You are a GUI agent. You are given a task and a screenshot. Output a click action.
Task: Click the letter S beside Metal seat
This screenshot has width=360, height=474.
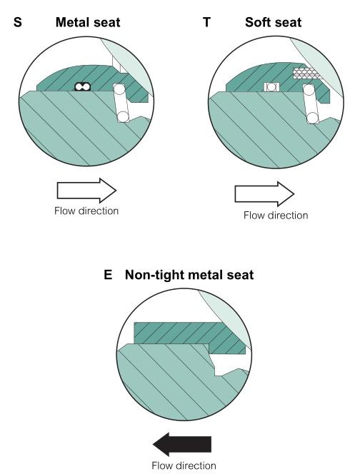[18, 22]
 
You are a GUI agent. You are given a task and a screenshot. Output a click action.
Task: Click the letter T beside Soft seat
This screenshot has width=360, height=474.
[206, 22]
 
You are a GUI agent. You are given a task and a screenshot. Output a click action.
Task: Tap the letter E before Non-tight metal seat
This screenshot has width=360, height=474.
[108, 275]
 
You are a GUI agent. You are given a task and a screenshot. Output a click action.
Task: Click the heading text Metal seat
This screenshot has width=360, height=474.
[88, 22]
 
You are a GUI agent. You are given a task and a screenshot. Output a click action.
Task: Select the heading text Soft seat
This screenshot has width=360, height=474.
[273, 22]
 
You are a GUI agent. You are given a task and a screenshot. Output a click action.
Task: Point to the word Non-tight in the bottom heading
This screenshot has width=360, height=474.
[154, 275]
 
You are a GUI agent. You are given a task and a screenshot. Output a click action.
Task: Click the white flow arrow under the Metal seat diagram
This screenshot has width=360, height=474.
[86, 191]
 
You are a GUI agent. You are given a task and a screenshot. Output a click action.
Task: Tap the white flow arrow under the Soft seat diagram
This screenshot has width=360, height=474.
[264, 193]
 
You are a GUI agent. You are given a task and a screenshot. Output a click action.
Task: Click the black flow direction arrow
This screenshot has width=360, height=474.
[182, 444]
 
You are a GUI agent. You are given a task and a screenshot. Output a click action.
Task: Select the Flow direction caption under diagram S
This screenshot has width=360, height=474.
[86, 211]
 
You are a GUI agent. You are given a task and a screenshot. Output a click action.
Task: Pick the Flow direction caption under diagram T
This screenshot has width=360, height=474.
[276, 216]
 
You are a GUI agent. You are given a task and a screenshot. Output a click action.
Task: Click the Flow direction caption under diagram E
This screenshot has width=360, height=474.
[184, 465]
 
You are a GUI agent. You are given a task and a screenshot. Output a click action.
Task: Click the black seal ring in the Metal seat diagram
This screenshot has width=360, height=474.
[83, 87]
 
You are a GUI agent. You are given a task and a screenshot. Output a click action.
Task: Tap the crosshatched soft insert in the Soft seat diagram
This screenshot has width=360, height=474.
[306, 73]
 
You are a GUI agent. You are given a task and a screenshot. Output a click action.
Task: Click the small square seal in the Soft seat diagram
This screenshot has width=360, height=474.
[271, 87]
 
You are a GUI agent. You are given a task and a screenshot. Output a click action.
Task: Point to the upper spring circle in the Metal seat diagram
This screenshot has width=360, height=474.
[119, 89]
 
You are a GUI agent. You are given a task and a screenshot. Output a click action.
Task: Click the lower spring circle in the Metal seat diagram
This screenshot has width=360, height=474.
[123, 116]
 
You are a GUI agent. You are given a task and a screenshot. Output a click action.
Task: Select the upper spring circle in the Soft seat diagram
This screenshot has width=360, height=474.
[309, 90]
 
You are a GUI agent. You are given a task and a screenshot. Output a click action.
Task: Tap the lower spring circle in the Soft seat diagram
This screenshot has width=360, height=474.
[313, 118]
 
